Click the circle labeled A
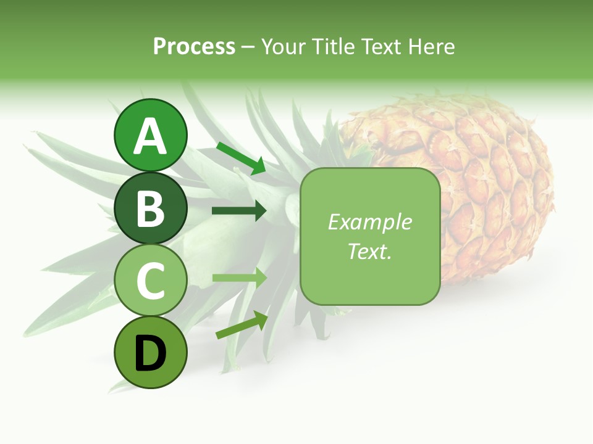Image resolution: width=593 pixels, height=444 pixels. pos(150,135)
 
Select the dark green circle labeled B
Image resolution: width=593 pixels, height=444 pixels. pos(150,208)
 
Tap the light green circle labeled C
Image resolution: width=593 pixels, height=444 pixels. pos(150,280)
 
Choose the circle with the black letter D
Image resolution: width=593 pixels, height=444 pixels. pos(150,352)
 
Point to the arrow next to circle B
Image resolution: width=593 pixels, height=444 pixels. pos(239,211)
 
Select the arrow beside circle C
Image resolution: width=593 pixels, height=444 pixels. pos(239,277)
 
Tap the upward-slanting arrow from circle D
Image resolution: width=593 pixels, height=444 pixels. pos(242,325)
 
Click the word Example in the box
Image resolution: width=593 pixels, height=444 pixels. pos(369,222)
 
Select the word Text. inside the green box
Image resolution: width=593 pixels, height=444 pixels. pos(369,251)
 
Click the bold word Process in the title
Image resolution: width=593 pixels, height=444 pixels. pos(194,46)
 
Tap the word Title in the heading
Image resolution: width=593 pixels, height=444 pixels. pos(333,46)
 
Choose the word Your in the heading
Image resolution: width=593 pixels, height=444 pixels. pos(284,46)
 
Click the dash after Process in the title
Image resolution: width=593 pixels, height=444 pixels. pos(248,47)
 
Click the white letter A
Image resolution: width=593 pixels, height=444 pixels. pos(150,136)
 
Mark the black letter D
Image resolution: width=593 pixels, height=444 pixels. pos(150,354)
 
